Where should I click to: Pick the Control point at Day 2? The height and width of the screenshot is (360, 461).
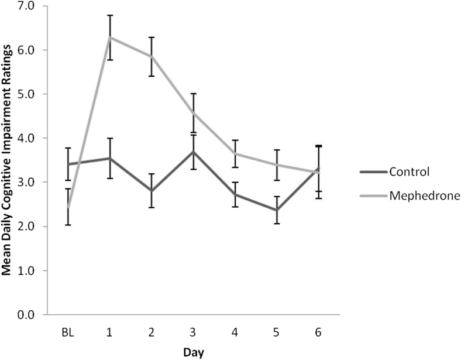(x=151, y=191)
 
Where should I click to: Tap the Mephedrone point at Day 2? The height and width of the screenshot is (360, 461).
(x=151, y=56)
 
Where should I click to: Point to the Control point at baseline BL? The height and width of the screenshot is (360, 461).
(x=68, y=164)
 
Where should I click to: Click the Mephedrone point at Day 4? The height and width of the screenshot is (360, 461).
(x=234, y=153)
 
